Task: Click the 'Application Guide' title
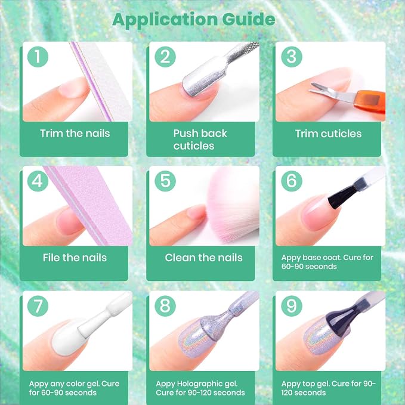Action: click(194, 20)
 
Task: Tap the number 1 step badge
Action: click(38, 57)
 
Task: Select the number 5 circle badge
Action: click(165, 181)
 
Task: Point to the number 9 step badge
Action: click(292, 306)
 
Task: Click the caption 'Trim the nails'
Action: click(75, 134)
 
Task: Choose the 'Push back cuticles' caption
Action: click(200, 140)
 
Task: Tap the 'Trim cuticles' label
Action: click(328, 134)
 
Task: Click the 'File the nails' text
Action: click(75, 258)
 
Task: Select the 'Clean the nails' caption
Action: click(203, 258)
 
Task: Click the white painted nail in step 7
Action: click(67, 338)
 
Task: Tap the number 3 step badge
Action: click(292, 57)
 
